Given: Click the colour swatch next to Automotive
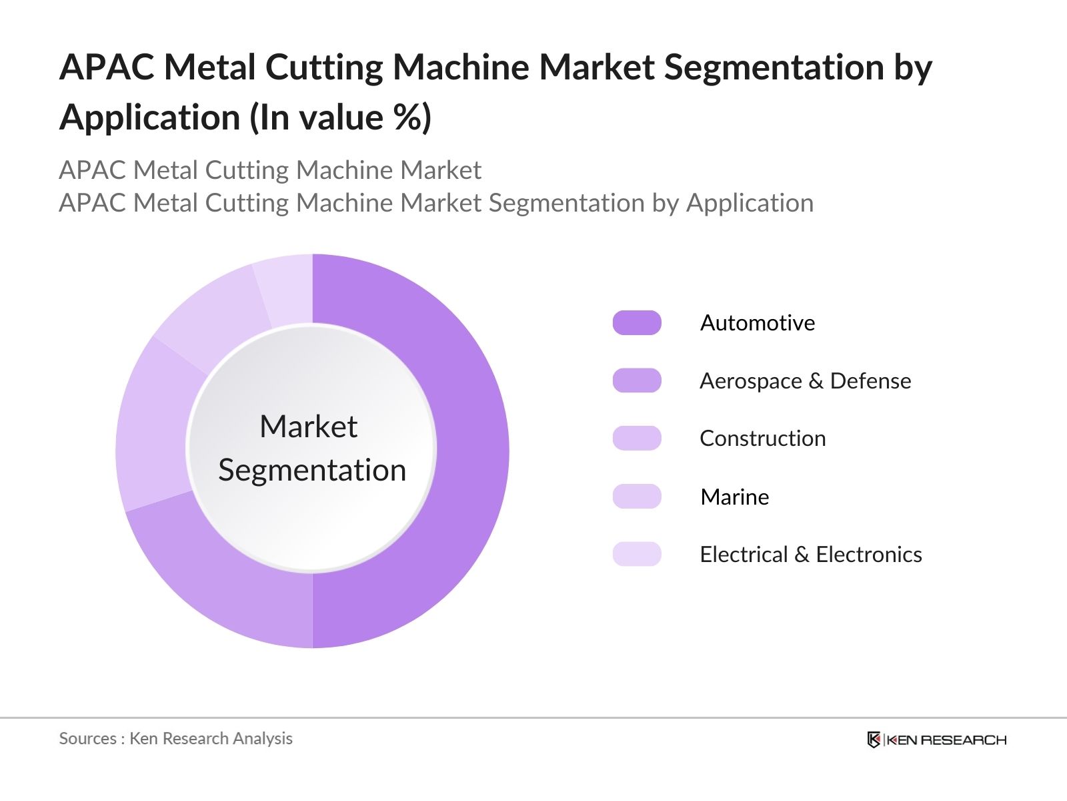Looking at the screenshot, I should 637,323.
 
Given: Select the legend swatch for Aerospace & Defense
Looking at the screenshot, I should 637,380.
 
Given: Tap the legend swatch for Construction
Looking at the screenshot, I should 637,439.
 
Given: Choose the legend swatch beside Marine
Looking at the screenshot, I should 637,497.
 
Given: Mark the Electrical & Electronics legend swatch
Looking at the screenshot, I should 637,554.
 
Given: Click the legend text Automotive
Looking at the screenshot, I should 758,323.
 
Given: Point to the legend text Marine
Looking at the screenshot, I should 735,497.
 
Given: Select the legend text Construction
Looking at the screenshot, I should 763,439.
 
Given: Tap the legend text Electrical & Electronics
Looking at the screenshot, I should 811,554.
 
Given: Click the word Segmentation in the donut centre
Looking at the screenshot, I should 312,470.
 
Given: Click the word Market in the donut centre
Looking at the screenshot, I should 308,427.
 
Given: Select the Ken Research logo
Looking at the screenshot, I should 936,740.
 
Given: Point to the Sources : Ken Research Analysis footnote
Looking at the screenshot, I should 176,738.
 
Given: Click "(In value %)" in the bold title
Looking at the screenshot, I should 341,117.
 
